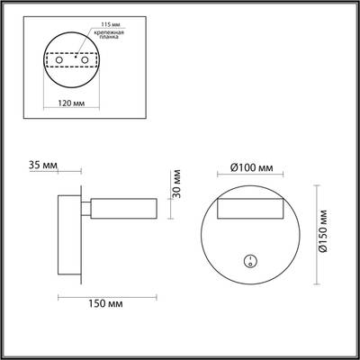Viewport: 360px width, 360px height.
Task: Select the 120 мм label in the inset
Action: pyautogui.click(x=72, y=102)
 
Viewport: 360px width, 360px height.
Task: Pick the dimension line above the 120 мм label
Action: pyautogui.click(x=72, y=91)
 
